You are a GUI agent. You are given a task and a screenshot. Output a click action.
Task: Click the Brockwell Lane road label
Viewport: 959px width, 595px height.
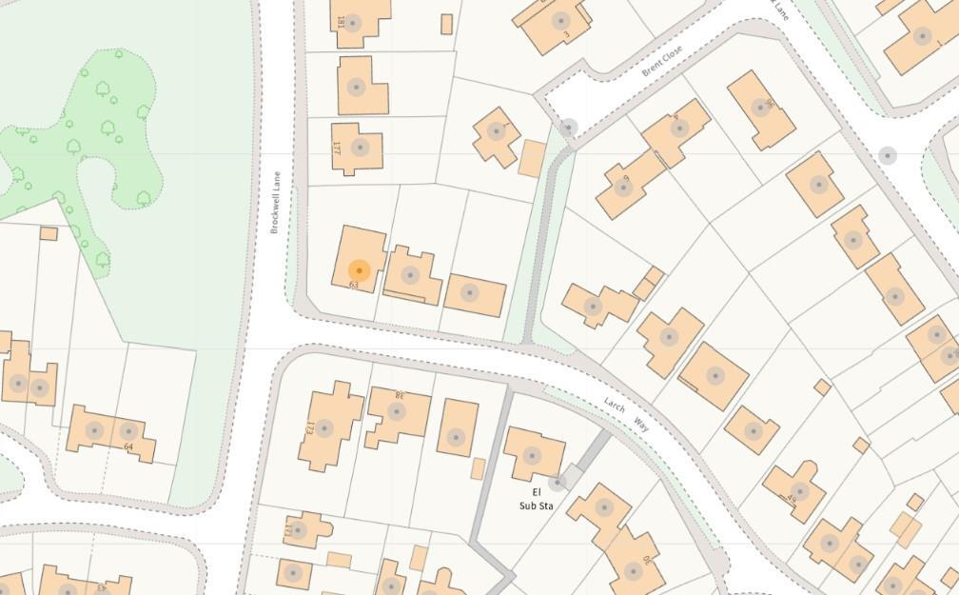tap(275, 202)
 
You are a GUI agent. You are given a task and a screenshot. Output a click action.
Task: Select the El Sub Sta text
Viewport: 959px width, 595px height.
tap(536, 499)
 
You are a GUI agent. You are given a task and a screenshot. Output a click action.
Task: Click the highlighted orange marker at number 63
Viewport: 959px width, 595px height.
tap(359, 271)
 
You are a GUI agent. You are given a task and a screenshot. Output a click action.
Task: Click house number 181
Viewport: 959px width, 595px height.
tap(341, 20)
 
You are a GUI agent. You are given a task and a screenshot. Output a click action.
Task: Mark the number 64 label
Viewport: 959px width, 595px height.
tap(127, 446)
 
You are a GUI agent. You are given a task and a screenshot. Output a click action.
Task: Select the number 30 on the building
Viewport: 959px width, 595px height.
tap(647, 560)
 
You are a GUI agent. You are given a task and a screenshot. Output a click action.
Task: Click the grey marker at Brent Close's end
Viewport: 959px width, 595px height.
tap(569, 127)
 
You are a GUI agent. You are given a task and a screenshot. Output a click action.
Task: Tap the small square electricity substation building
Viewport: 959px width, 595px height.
tap(573, 477)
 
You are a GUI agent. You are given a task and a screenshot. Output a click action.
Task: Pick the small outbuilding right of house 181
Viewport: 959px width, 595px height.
tap(446, 24)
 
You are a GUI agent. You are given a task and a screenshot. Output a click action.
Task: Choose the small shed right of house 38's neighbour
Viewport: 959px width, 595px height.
tap(478, 467)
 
